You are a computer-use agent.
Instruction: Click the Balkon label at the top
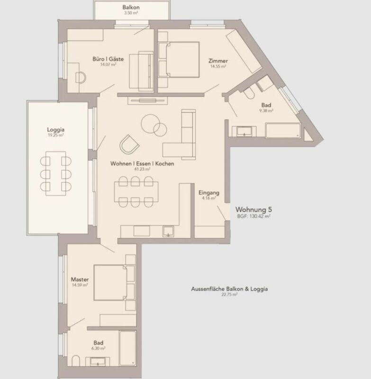[x=130, y=8]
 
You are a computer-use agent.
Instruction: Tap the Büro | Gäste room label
[x=108, y=59]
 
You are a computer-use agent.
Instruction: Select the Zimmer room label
[x=218, y=61]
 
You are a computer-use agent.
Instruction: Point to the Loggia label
[x=55, y=129]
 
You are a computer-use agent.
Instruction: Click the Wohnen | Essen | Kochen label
[x=142, y=163]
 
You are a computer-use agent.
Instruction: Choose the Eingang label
[x=208, y=193]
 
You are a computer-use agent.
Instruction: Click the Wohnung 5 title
[x=253, y=209]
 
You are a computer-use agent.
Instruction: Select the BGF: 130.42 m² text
[x=253, y=216]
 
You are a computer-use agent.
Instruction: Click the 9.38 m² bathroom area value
[x=266, y=110]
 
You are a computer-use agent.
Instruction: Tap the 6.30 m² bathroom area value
[x=99, y=348]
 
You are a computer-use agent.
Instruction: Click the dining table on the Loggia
[x=56, y=173]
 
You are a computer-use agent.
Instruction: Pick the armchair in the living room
[x=128, y=144]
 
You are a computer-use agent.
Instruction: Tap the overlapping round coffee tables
[x=154, y=125]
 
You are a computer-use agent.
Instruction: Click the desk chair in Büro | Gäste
[x=81, y=76]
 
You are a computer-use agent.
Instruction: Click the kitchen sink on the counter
[x=168, y=232]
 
